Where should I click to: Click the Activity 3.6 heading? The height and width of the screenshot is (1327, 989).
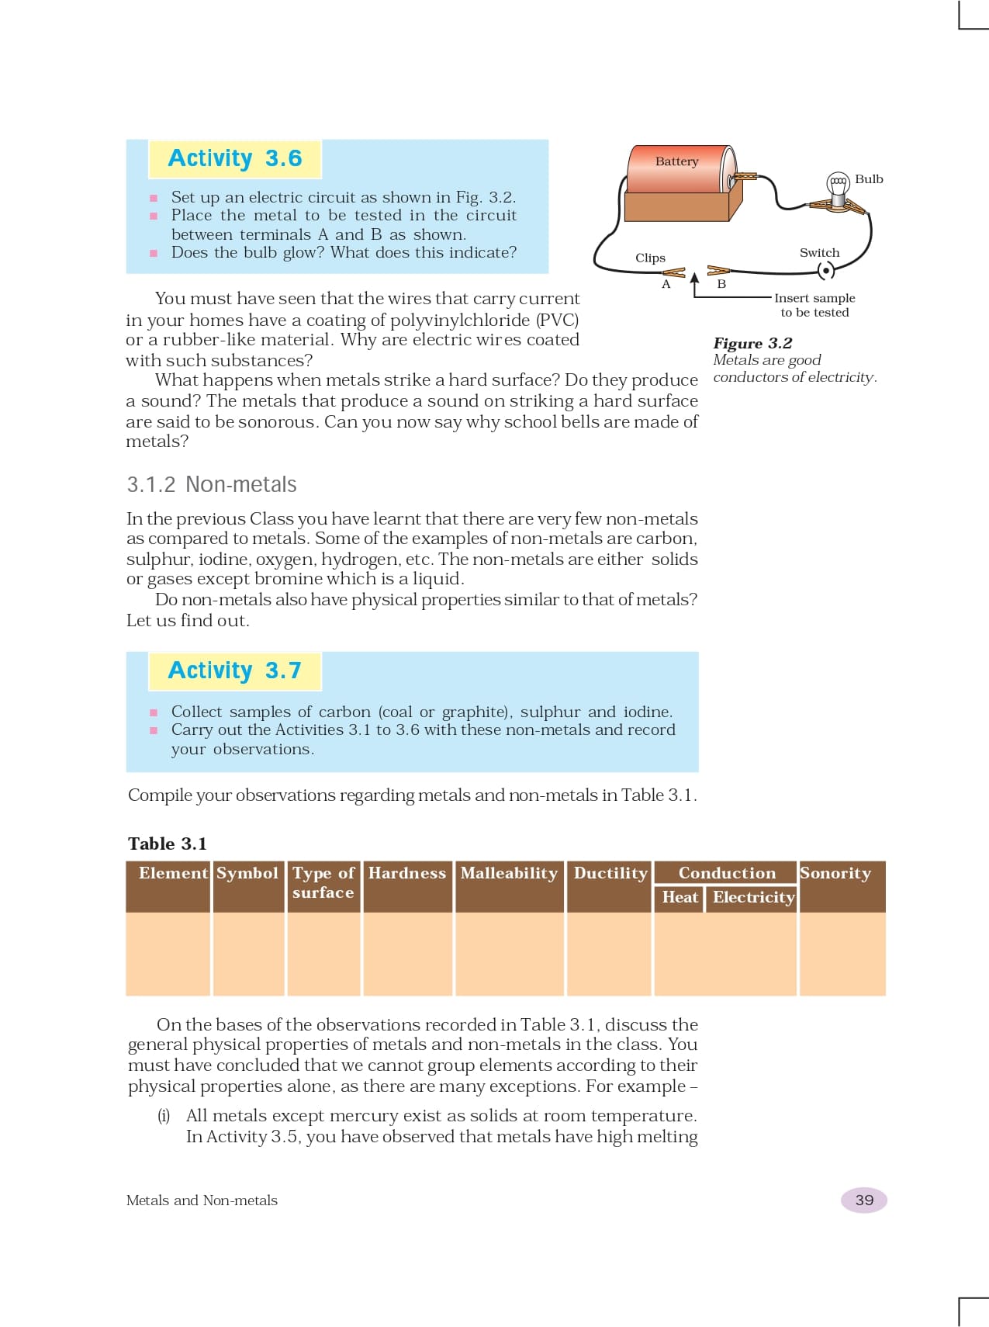(x=234, y=158)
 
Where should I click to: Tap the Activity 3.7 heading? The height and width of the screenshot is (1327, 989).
(x=234, y=670)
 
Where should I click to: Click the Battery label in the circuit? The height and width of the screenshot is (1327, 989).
(x=676, y=161)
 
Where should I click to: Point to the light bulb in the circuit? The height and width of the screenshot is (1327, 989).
(x=838, y=186)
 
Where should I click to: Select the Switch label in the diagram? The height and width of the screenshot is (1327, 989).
(x=819, y=253)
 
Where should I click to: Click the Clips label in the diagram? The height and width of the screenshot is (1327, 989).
(x=650, y=258)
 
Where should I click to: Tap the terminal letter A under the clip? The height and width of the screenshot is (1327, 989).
(x=666, y=285)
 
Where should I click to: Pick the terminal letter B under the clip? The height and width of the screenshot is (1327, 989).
(x=721, y=285)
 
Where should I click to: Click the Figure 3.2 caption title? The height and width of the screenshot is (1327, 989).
(x=752, y=343)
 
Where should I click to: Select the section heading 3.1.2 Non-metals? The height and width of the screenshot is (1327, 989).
(x=212, y=485)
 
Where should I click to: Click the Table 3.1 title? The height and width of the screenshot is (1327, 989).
(x=168, y=844)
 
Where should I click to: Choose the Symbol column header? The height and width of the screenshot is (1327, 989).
(x=247, y=873)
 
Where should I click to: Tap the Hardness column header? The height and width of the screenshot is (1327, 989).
(x=407, y=873)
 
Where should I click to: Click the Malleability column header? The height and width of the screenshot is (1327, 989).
(x=509, y=873)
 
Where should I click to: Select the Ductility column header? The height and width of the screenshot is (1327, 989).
(x=610, y=873)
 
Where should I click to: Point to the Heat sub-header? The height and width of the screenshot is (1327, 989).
(x=680, y=897)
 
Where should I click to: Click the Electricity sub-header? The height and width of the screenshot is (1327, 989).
(x=753, y=897)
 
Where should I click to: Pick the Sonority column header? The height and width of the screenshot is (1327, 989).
(x=835, y=873)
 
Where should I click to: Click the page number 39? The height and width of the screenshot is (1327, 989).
(x=864, y=1200)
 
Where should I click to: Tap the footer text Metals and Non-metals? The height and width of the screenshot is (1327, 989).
(x=202, y=1201)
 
